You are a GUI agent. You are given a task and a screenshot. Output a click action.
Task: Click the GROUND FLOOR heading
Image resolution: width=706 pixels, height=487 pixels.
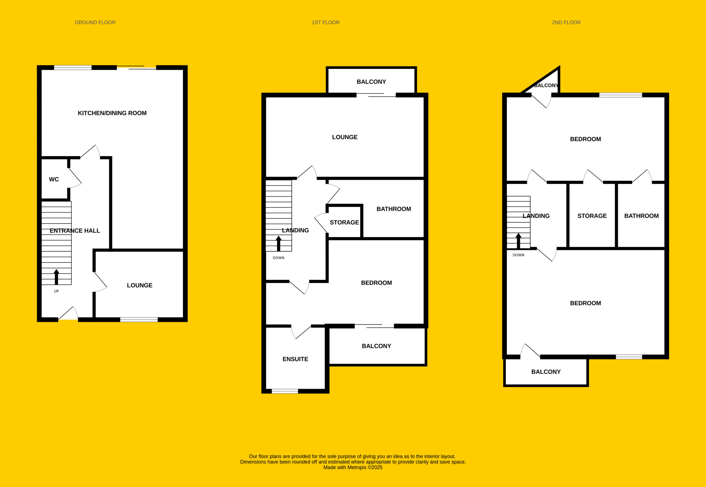pyautogui.click(x=95, y=23)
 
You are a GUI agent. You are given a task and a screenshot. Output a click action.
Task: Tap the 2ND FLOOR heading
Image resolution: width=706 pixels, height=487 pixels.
pyautogui.click(x=566, y=23)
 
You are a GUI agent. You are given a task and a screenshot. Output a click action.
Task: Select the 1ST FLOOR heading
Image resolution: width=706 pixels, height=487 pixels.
pyautogui.click(x=326, y=23)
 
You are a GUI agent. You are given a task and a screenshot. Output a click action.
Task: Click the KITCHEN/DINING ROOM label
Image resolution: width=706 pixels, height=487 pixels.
pyautogui.click(x=112, y=113)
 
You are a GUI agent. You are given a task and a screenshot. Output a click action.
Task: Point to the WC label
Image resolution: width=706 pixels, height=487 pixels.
pyautogui.click(x=54, y=179)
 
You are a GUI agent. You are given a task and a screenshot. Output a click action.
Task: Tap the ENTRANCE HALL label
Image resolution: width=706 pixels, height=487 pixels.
pyautogui.click(x=75, y=231)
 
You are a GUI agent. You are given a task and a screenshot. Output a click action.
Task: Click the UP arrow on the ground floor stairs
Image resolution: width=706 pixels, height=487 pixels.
pyautogui.click(x=56, y=277)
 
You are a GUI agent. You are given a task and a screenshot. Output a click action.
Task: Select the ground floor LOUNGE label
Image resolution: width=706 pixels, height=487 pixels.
pyautogui.click(x=140, y=285)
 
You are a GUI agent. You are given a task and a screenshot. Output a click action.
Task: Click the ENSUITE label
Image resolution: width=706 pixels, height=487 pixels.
pyautogui.click(x=295, y=359)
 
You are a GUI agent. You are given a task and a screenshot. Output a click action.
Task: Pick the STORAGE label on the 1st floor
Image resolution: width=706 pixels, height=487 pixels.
pyautogui.click(x=344, y=223)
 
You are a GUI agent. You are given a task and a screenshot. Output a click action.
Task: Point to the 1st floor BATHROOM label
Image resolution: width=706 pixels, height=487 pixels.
pyautogui.click(x=394, y=209)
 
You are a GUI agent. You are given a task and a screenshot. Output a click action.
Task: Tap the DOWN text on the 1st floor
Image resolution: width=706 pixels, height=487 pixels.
pyautogui.click(x=278, y=258)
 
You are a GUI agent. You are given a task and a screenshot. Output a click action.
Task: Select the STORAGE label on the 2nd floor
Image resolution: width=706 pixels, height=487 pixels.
pyautogui.click(x=592, y=216)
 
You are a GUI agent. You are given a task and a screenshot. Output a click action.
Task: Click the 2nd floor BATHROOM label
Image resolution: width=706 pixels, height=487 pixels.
pyautogui.click(x=641, y=216)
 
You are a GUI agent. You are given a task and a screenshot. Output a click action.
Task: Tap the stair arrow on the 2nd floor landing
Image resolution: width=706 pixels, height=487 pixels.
pyautogui.click(x=518, y=241)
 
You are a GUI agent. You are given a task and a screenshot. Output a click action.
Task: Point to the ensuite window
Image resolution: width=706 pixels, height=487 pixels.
pyautogui.click(x=285, y=391)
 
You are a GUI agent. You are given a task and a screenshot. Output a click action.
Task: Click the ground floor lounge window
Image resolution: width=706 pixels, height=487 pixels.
pyautogui.click(x=139, y=319)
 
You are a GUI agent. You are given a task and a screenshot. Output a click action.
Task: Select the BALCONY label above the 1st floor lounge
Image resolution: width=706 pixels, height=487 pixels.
pyautogui.click(x=371, y=82)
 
